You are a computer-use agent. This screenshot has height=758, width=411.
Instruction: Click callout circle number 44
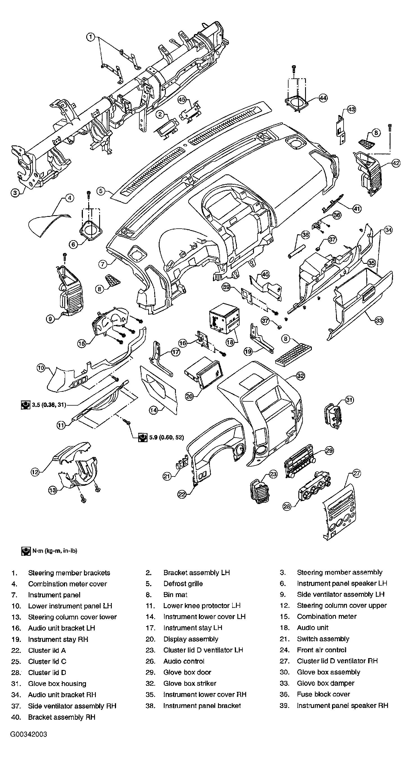tap(323, 98)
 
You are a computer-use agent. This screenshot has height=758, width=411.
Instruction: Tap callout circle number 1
tap(91, 37)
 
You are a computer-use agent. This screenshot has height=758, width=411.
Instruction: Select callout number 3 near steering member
tap(15, 193)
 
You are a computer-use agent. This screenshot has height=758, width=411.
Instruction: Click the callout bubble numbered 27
tap(356, 473)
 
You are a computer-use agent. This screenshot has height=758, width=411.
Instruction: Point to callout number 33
tap(379, 320)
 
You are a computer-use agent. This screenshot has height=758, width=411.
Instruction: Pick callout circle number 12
tap(35, 472)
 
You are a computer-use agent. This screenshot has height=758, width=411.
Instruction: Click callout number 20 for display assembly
tap(189, 396)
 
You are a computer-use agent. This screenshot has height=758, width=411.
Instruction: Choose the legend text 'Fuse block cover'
tap(323, 694)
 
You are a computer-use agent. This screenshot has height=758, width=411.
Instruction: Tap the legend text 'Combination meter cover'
tap(67, 584)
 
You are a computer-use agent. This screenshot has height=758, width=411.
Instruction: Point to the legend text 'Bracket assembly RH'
tap(62, 717)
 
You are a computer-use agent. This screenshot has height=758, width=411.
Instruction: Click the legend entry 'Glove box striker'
tap(190, 683)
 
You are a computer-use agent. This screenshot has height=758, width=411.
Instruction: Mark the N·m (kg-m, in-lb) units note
tap(49, 551)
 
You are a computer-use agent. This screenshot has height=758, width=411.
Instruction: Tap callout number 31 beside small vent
tap(349, 400)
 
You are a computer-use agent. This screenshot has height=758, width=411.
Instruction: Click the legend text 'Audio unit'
tap(312, 628)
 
